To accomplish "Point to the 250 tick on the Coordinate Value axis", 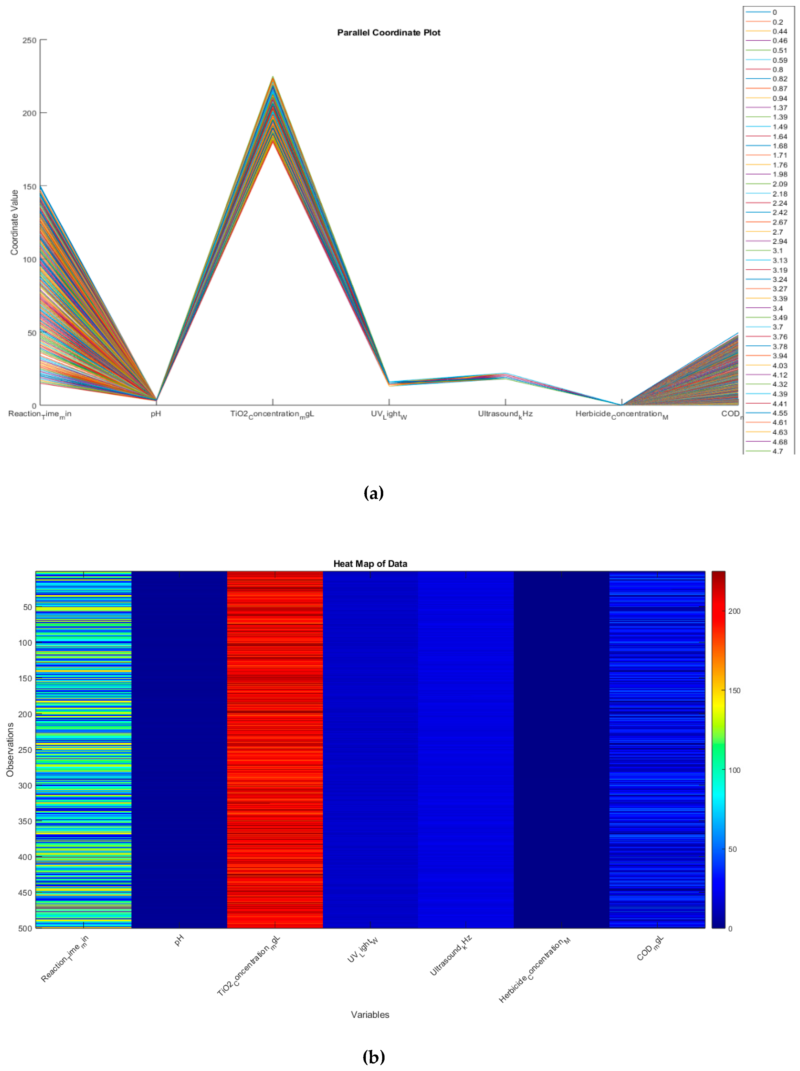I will (30, 40).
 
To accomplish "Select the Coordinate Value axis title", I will (15, 222).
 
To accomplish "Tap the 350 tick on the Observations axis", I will (25, 821).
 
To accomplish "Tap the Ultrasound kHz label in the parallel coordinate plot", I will (505, 414).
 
